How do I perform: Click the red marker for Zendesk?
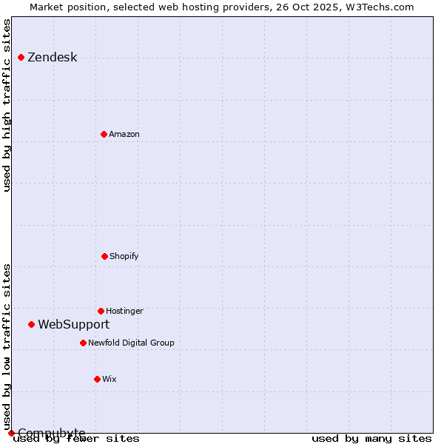pyautogui.click(x=21, y=57)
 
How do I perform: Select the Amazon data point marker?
pyautogui.click(x=104, y=134)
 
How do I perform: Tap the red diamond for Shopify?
pyautogui.click(x=104, y=256)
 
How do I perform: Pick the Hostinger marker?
pyautogui.click(x=101, y=311)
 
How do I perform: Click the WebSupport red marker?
pyautogui.click(x=31, y=324)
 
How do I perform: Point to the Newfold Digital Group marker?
pyautogui.click(x=83, y=343)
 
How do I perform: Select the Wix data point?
pyautogui.click(x=97, y=379)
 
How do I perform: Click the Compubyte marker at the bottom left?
pyautogui.click(x=11, y=433)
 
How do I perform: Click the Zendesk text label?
pyautogui.click(x=52, y=58)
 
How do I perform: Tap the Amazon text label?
pyautogui.click(x=124, y=134)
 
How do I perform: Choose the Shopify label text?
pyautogui.click(x=124, y=256)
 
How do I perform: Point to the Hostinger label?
pyautogui.click(x=124, y=311)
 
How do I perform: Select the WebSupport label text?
pyautogui.click(x=73, y=324)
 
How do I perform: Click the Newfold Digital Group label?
pyautogui.click(x=131, y=343)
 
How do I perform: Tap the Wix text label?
pyautogui.click(x=109, y=379)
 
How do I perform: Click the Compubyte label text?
pyautogui.click(x=51, y=433)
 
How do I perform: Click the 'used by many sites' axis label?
pyautogui.click(x=371, y=438)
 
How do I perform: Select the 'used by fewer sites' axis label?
pyautogui.click(x=76, y=438)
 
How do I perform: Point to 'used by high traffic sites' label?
pyautogui.click(x=7, y=105)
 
